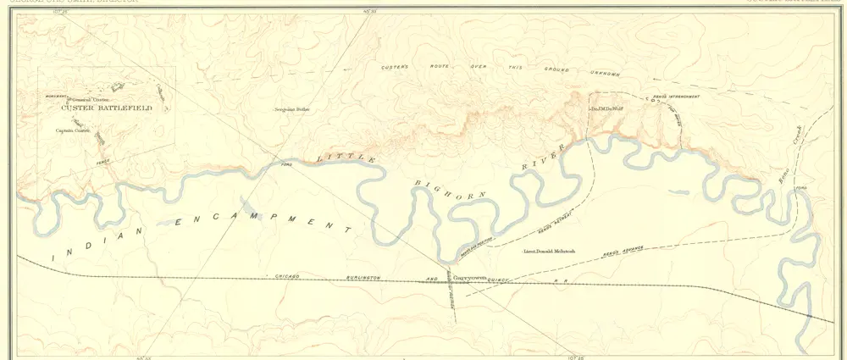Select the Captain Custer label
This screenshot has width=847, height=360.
click(72, 130)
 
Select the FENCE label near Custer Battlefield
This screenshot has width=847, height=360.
click(103, 162)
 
